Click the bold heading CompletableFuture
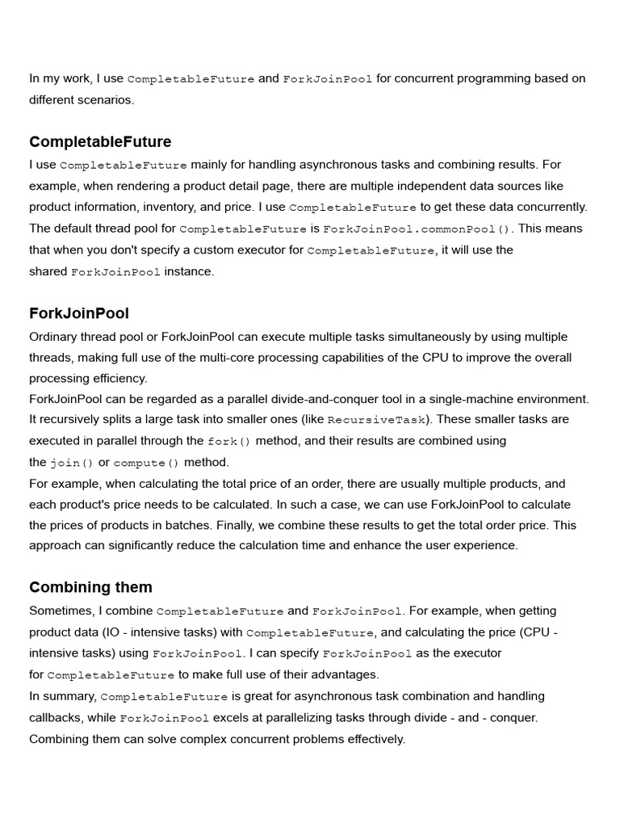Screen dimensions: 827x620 [x=100, y=142]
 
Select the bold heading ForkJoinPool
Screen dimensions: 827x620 [x=79, y=313]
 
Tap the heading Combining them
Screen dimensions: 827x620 [x=90, y=587]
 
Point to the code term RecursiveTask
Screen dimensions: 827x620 [x=376, y=420]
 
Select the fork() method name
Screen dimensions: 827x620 [x=229, y=442]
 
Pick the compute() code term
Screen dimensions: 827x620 [x=146, y=464]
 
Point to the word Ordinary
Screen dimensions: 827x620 [x=55, y=337]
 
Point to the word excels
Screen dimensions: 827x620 [x=232, y=717]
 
